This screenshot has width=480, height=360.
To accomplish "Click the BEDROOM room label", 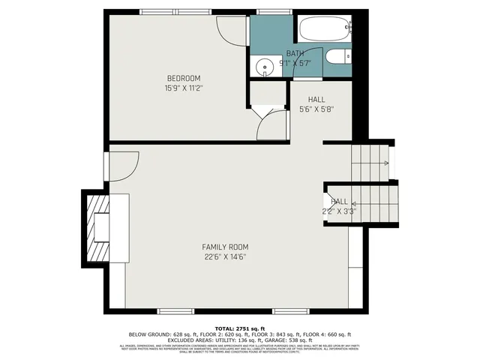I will coord(183,79).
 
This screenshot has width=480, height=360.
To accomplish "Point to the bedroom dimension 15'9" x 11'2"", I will coord(183,88).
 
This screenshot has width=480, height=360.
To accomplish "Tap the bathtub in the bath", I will coord(323,31).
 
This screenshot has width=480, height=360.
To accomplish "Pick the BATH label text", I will coord(295,54).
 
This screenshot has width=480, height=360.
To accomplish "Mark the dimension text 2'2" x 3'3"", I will coord(340,211).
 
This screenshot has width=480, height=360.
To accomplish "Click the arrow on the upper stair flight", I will coord(384,163).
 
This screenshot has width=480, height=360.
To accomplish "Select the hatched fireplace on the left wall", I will coord(97,226).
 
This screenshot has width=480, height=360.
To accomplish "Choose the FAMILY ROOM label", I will coord(225,247).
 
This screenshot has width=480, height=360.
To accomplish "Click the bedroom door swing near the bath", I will coord(229,28).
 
